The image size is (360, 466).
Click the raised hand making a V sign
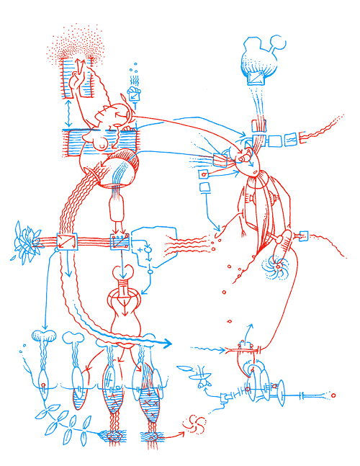[x=75, y=80]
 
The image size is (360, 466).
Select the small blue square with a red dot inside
[x=204, y=174]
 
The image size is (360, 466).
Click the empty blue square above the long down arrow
[x=204, y=189]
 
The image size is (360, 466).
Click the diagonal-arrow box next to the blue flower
[x=66, y=241]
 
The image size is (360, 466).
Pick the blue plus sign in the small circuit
[x=140, y=248]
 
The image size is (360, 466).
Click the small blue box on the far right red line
[x=303, y=235]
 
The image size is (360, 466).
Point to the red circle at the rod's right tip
[x=333, y=395]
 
